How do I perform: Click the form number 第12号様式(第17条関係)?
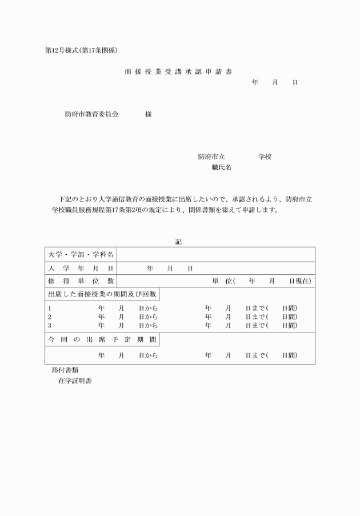pos(81,50)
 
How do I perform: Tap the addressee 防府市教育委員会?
pos(91,114)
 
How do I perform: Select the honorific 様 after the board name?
pos(148,114)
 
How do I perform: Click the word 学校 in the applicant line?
pos(265,157)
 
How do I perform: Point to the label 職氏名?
pos(221,167)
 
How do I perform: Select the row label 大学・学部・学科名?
pos(81,254)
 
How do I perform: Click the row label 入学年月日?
pos(81,268)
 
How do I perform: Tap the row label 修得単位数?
pos(81,281)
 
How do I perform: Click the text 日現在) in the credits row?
pos(300,281)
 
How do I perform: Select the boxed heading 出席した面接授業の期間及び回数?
pos(102,294)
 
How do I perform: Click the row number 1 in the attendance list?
pos(50,308)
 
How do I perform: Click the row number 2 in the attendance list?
pos(50,317)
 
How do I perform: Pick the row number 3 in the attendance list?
pos(50,325)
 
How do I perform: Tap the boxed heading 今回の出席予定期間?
pos(102,339)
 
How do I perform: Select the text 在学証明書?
pos(75,381)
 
